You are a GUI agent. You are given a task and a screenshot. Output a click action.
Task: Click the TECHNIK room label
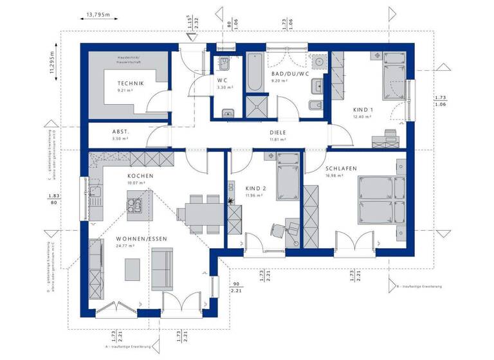click(x=130, y=84)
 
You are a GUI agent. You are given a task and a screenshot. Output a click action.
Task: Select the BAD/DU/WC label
click(x=289, y=74)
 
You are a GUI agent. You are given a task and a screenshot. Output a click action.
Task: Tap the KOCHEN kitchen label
click(x=139, y=175)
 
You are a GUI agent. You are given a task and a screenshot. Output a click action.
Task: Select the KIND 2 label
click(x=255, y=188)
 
